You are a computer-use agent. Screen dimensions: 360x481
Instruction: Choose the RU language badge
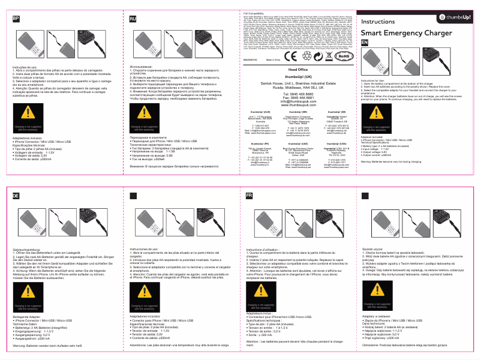tap(133, 20)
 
